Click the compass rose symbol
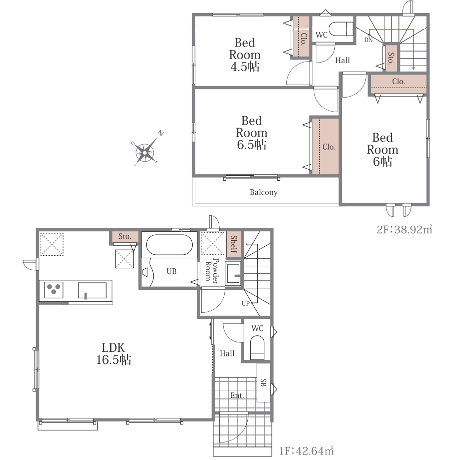tap(145, 152)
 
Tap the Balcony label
tap(263, 192)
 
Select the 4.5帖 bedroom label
tap(245, 55)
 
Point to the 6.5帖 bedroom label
tap(251, 133)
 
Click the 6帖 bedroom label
tap(382, 149)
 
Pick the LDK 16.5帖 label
tap(114, 353)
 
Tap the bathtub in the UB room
tap(169, 245)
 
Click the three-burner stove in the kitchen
tap(54, 289)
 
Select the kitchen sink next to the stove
tap(92, 290)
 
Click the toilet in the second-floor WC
tap(341, 29)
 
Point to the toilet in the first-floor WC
tap(257, 348)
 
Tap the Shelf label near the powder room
tap(234, 244)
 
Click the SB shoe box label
tap(263, 382)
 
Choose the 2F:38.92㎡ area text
tap(404, 229)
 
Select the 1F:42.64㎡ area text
tap(306, 450)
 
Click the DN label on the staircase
tap(368, 40)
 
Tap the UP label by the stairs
tap(246, 304)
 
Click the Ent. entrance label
tap(237, 395)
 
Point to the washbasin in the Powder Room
tap(233, 274)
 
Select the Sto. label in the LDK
tap(125, 236)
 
